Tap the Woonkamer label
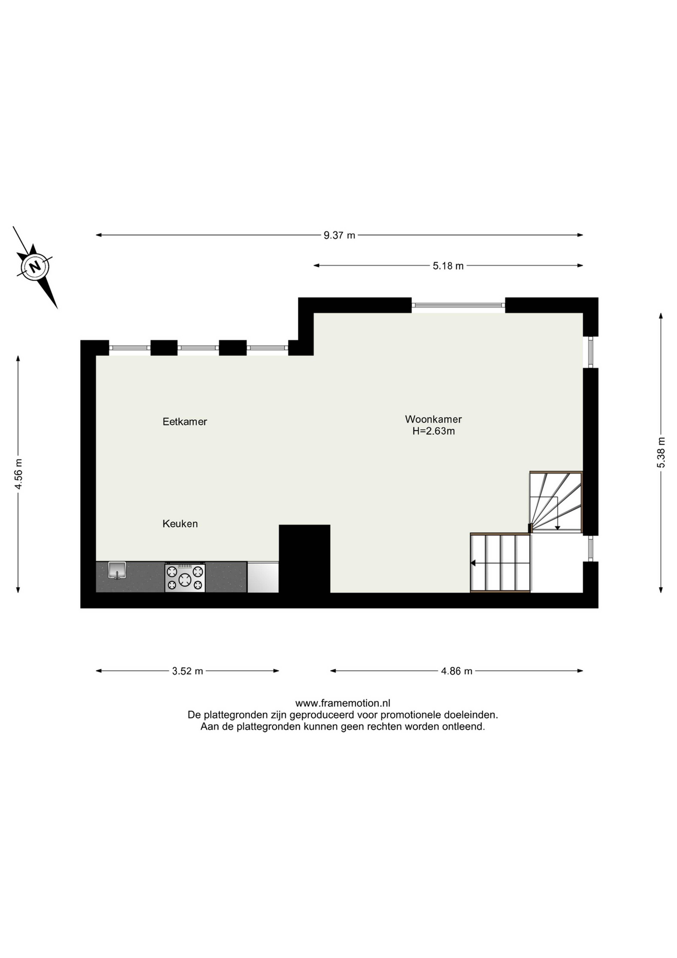pyautogui.click(x=434, y=419)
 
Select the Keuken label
pyautogui.click(x=180, y=524)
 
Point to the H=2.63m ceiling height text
pyautogui.click(x=434, y=431)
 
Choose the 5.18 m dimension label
pyautogui.click(x=448, y=266)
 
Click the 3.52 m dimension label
pyautogui.click(x=188, y=671)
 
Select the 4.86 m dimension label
pyautogui.click(x=457, y=671)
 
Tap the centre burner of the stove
pyautogui.click(x=185, y=579)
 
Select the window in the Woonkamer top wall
pyautogui.click(x=459, y=305)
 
